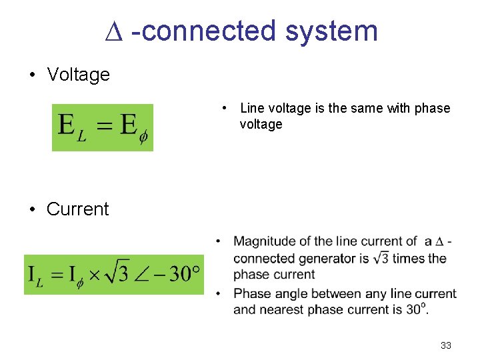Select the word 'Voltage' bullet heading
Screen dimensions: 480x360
[78, 75]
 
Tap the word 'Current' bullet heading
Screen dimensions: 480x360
[77, 209]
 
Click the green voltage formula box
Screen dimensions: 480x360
[103, 127]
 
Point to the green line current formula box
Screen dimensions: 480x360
[114, 274]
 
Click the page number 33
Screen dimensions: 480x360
[446, 345]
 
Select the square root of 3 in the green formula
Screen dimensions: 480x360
[117, 273]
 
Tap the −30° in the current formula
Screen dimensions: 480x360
[178, 274]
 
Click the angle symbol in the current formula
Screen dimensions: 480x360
[144, 275]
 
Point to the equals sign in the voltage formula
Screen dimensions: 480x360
[103, 126]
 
